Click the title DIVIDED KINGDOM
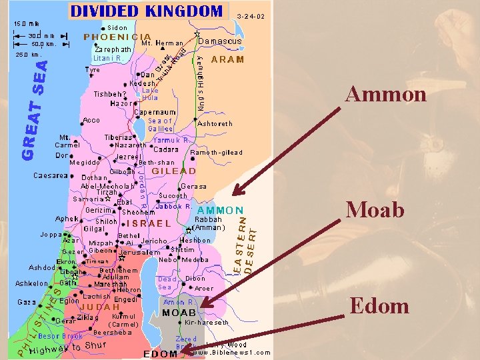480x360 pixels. click(x=146, y=11)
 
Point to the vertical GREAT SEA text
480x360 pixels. click(x=35, y=109)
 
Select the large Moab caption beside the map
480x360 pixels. click(x=375, y=210)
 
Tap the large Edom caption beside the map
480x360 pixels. click(x=379, y=306)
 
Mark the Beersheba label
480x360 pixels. click(x=116, y=332)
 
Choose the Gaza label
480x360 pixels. click(x=27, y=302)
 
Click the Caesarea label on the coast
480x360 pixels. click(x=51, y=176)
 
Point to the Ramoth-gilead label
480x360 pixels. click(x=217, y=153)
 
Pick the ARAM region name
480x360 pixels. click(x=227, y=59)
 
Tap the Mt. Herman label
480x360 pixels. click(x=163, y=43)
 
